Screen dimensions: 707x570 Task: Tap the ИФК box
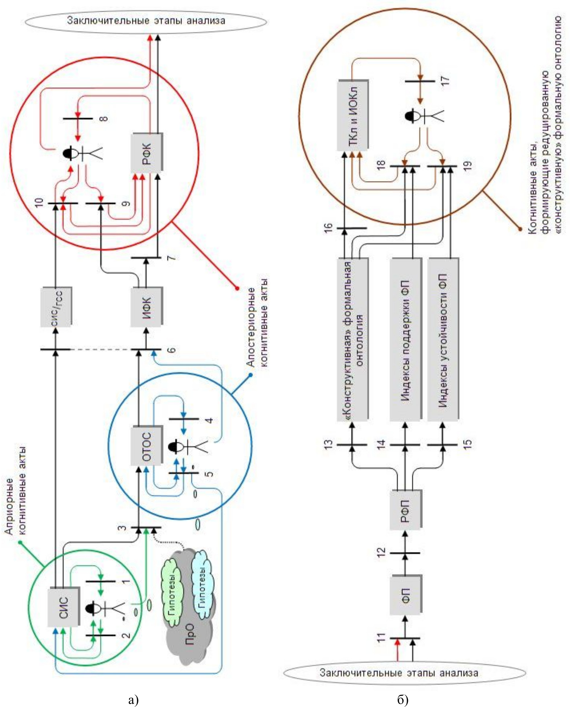pos(146,306)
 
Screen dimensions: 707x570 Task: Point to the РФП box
pos(405,509)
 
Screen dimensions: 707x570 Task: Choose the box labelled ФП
pos(405,595)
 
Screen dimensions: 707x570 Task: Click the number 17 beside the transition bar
pos(446,80)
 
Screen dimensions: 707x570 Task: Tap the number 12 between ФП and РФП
pos(381,553)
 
